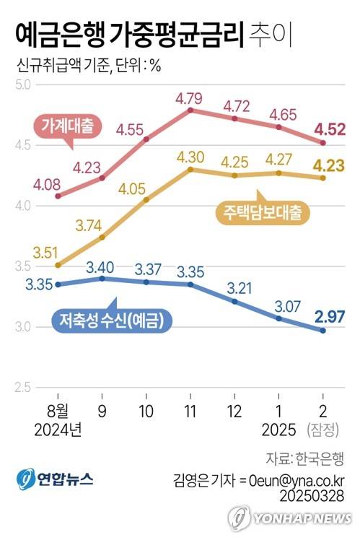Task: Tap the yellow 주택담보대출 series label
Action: [x=261, y=213]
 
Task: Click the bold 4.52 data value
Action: [x=328, y=129]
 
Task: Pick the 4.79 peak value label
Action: [x=190, y=95]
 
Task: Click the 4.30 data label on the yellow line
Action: [x=190, y=156]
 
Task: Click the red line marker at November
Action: [x=190, y=110]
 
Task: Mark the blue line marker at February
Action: [x=322, y=331]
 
